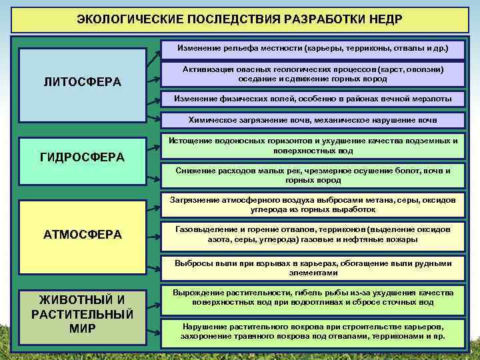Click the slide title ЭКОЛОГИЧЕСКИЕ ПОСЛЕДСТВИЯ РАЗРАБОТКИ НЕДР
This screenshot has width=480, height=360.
tap(239, 17)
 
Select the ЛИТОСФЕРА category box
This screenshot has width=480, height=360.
tap(83, 83)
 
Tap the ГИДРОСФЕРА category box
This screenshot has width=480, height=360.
tap(83, 157)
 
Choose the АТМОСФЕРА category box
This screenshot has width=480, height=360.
tap(83, 234)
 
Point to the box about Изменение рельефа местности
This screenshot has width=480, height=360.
tap(313, 49)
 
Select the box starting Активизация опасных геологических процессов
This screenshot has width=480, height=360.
tap(313, 73)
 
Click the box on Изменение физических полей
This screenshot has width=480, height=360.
tap(313, 99)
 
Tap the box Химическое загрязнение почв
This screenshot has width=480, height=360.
tap(313, 121)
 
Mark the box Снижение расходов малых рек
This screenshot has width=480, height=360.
tap(313, 175)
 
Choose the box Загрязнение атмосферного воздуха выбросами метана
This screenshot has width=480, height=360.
tap(313, 205)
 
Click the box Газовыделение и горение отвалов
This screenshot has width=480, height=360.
tap(313, 234)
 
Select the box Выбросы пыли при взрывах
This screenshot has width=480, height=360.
tap(313, 267)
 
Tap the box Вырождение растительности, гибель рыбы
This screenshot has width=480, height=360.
tap(313, 297)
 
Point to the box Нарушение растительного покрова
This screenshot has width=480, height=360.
tap(313, 331)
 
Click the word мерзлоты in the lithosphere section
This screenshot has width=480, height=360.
tap(429, 99)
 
